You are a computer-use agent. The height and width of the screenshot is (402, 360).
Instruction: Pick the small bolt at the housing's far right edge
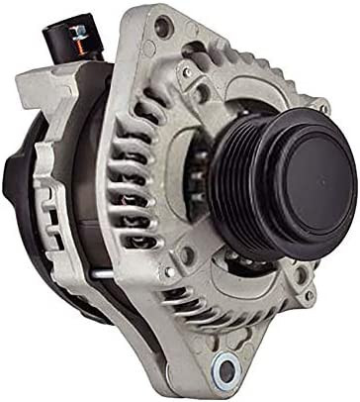tap(323, 108)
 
